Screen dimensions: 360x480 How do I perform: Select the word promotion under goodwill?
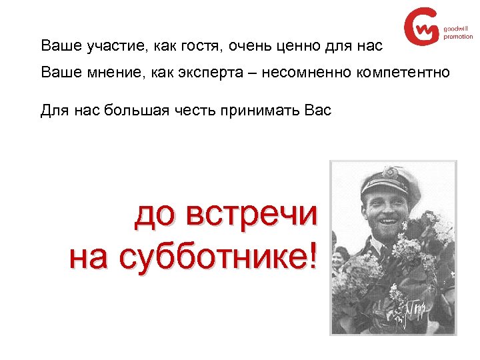click(x=458, y=37)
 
